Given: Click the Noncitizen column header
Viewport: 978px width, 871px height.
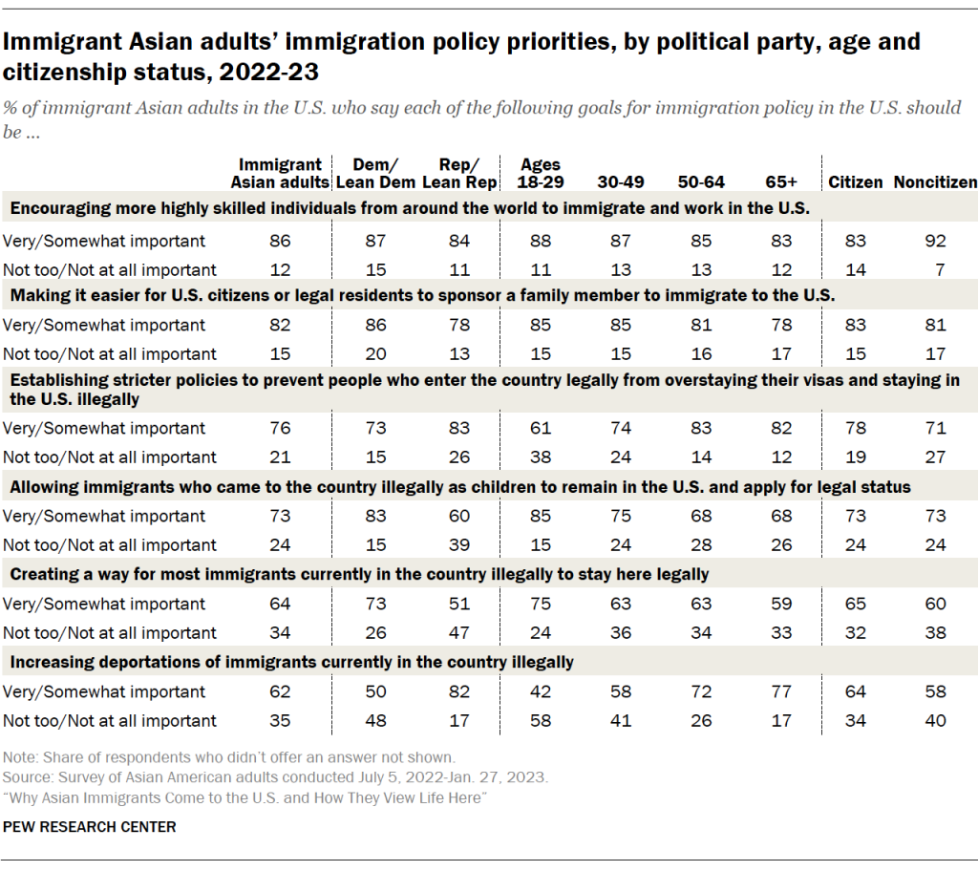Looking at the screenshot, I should click(934, 181).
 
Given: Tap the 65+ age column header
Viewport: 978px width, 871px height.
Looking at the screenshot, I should click(781, 181).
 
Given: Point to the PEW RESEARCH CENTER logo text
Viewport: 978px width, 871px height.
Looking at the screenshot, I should click(91, 826).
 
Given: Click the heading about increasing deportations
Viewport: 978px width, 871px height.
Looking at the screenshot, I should click(291, 662).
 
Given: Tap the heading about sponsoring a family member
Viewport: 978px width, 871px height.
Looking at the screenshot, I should click(422, 296).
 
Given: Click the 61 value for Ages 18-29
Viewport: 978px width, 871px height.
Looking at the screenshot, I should click(542, 428).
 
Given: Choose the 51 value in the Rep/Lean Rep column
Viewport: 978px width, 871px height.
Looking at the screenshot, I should click(459, 604).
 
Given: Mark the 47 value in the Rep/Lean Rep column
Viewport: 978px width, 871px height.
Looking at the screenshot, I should click(459, 632).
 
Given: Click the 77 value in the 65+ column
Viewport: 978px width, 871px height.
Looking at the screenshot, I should click(781, 691).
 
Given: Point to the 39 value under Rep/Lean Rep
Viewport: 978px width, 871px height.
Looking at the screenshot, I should click(459, 544).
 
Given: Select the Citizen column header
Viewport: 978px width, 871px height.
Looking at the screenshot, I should click(855, 181).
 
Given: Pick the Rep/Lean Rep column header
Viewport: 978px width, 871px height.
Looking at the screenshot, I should click(459, 173).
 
